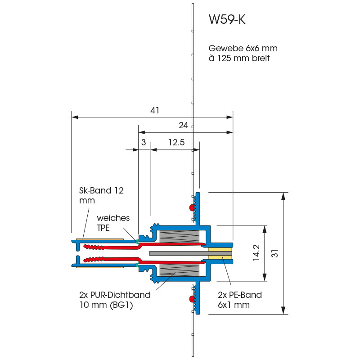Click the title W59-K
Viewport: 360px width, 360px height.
click(x=227, y=20)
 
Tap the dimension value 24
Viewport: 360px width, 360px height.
click(x=183, y=126)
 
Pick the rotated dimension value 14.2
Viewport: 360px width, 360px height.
click(x=256, y=253)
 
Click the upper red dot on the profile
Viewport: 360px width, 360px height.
click(x=192, y=208)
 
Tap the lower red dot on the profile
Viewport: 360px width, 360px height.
click(x=192, y=299)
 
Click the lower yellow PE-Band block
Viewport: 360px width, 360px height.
click(x=220, y=260)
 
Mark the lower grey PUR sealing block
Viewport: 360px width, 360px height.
click(x=180, y=270)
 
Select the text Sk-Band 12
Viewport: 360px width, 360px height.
click(x=98, y=190)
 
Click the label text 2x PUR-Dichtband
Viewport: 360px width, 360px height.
click(x=114, y=295)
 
